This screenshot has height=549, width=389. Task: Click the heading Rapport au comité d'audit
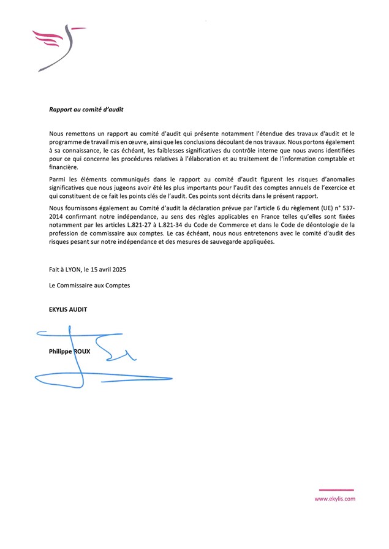click(86, 110)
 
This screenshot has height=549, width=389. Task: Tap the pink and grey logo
click(59, 47)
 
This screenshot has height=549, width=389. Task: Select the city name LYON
click(77, 269)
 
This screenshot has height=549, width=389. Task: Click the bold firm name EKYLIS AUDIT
click(68, 309)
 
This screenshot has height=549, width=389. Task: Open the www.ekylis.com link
click(335, 499)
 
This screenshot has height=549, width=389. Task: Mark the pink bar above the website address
click(336, 490)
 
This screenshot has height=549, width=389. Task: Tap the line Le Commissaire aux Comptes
click(89, 285)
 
